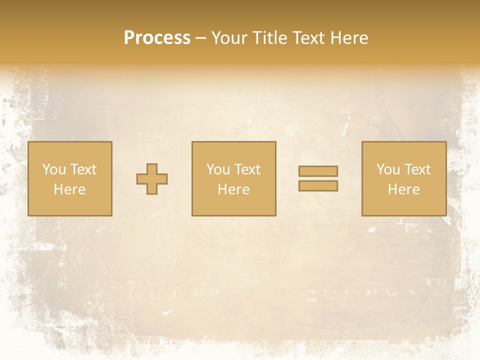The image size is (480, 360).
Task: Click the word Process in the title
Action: [x=157, y=38]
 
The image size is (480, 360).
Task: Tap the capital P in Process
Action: [x=129, y=38]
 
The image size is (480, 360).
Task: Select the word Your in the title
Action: [x=229, y=38]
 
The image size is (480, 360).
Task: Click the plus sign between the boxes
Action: [x=152, y=179]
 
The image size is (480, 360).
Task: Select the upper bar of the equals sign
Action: [x=318, y=171]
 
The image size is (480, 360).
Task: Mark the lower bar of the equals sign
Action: [x=318, y=186]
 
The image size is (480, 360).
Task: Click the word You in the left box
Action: [x=54, y=169]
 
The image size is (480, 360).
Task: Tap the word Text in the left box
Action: [x=82, y=169]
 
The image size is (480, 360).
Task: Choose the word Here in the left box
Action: [x=69, y=189]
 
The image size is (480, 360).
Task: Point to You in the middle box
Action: [x=218, y=169]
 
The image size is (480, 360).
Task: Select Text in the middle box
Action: [x=246, y=169]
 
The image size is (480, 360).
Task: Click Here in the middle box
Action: [x=233, y=189]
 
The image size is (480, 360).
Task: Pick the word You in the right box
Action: [x=388, y=169]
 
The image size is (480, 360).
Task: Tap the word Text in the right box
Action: [x=416, y=169]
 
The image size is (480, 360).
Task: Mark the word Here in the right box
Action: [x=403, y=189]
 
